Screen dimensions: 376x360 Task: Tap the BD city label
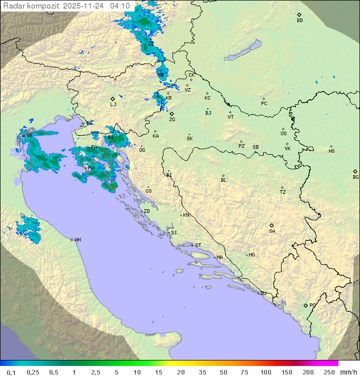click(x=299, y=21)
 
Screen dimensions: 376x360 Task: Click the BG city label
click(x=355, y=177)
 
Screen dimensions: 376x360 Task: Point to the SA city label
click(x=272, y=231)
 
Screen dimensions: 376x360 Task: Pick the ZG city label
click(x=172, y=120)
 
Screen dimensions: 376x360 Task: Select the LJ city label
click(x=113, y=105)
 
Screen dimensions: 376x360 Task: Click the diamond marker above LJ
click(x=113, y=99)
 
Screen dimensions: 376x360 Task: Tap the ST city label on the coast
click(x=198, y=245)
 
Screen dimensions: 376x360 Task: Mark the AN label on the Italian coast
click(x=77, y=240)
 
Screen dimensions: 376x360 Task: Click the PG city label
click(x=312, y=305)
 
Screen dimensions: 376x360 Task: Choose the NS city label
click(x=331, y=151)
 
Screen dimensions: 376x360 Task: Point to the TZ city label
click(x=283, y=192)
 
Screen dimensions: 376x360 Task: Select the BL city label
click(x=223, y=180)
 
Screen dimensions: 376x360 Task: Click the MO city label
click(x=251, y=255)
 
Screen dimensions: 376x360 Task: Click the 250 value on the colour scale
click(x=328, y=372)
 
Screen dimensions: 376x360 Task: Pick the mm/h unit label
click(x=346, y=372)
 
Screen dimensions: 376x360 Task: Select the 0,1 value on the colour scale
click(x=11, y=372)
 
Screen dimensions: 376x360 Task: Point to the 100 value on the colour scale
click(x=265, y=372)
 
